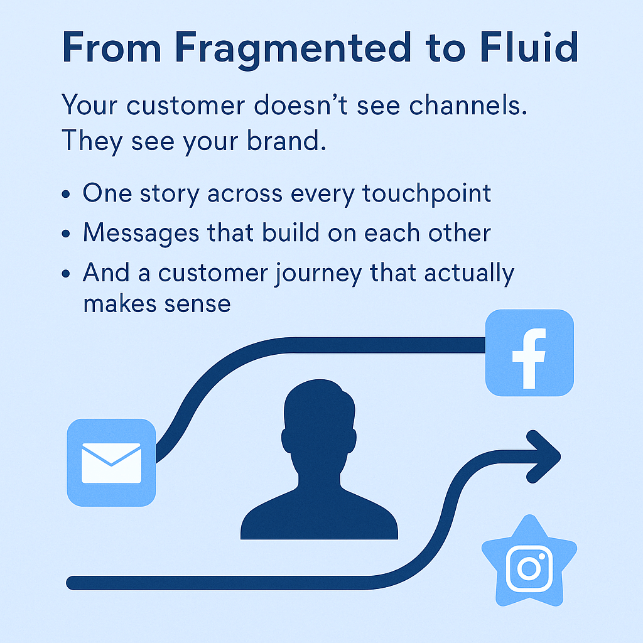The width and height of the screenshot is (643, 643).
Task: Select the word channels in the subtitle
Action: tap(468, 105)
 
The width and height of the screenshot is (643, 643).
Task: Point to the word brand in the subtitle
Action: tap(286, 141)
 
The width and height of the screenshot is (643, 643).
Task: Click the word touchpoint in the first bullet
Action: tap(426, 193)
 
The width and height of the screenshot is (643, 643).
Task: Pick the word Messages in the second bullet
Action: tap(141, 234)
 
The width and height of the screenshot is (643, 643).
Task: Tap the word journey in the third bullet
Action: tap(318, 274)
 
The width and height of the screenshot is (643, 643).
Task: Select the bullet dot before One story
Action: tap(66, 193)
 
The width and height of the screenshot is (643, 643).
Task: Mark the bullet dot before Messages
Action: tap(66, 234)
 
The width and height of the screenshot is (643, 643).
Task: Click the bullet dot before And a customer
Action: tap(66, 274)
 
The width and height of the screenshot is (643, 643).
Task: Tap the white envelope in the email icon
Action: tap(111, 463)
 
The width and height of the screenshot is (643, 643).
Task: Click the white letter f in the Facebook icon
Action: tap(529, 359)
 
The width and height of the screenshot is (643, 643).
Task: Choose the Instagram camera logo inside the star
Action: tap(529, 568)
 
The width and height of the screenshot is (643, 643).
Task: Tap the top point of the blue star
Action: tap(530, 516)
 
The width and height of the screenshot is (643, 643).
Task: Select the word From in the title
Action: tap(112, 48)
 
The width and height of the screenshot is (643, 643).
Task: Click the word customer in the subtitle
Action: tap(186, 105)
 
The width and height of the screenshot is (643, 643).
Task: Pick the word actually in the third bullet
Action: tap(470, 274)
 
